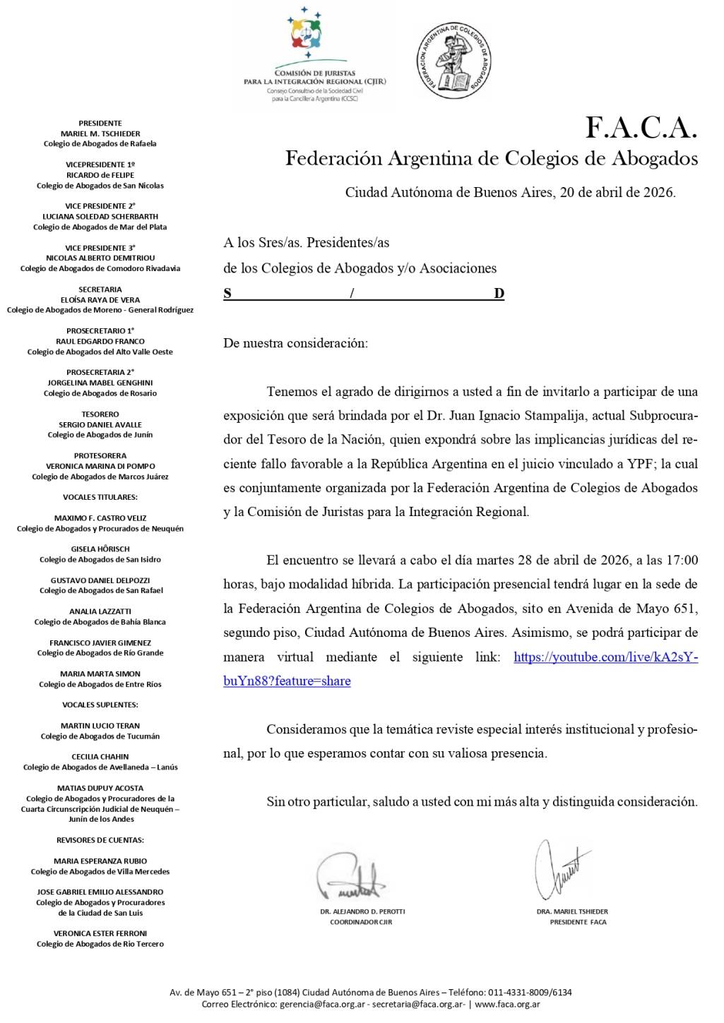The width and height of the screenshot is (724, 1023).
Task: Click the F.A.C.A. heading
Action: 641,128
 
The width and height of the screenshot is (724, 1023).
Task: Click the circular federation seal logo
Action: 453,60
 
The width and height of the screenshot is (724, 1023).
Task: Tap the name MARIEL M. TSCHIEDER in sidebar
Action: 100,133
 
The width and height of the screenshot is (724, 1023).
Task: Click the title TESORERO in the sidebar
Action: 100,414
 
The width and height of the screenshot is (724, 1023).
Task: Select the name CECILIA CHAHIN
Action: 100,757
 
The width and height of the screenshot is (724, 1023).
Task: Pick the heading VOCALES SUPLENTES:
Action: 100,705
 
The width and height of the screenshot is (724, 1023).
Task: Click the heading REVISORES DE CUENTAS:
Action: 100,840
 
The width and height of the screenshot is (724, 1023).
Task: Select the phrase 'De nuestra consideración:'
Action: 295,344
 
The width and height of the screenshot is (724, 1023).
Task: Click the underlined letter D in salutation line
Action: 499,294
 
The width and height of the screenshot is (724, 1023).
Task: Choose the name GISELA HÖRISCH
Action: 100,549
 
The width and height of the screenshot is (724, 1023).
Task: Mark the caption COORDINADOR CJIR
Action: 361,922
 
